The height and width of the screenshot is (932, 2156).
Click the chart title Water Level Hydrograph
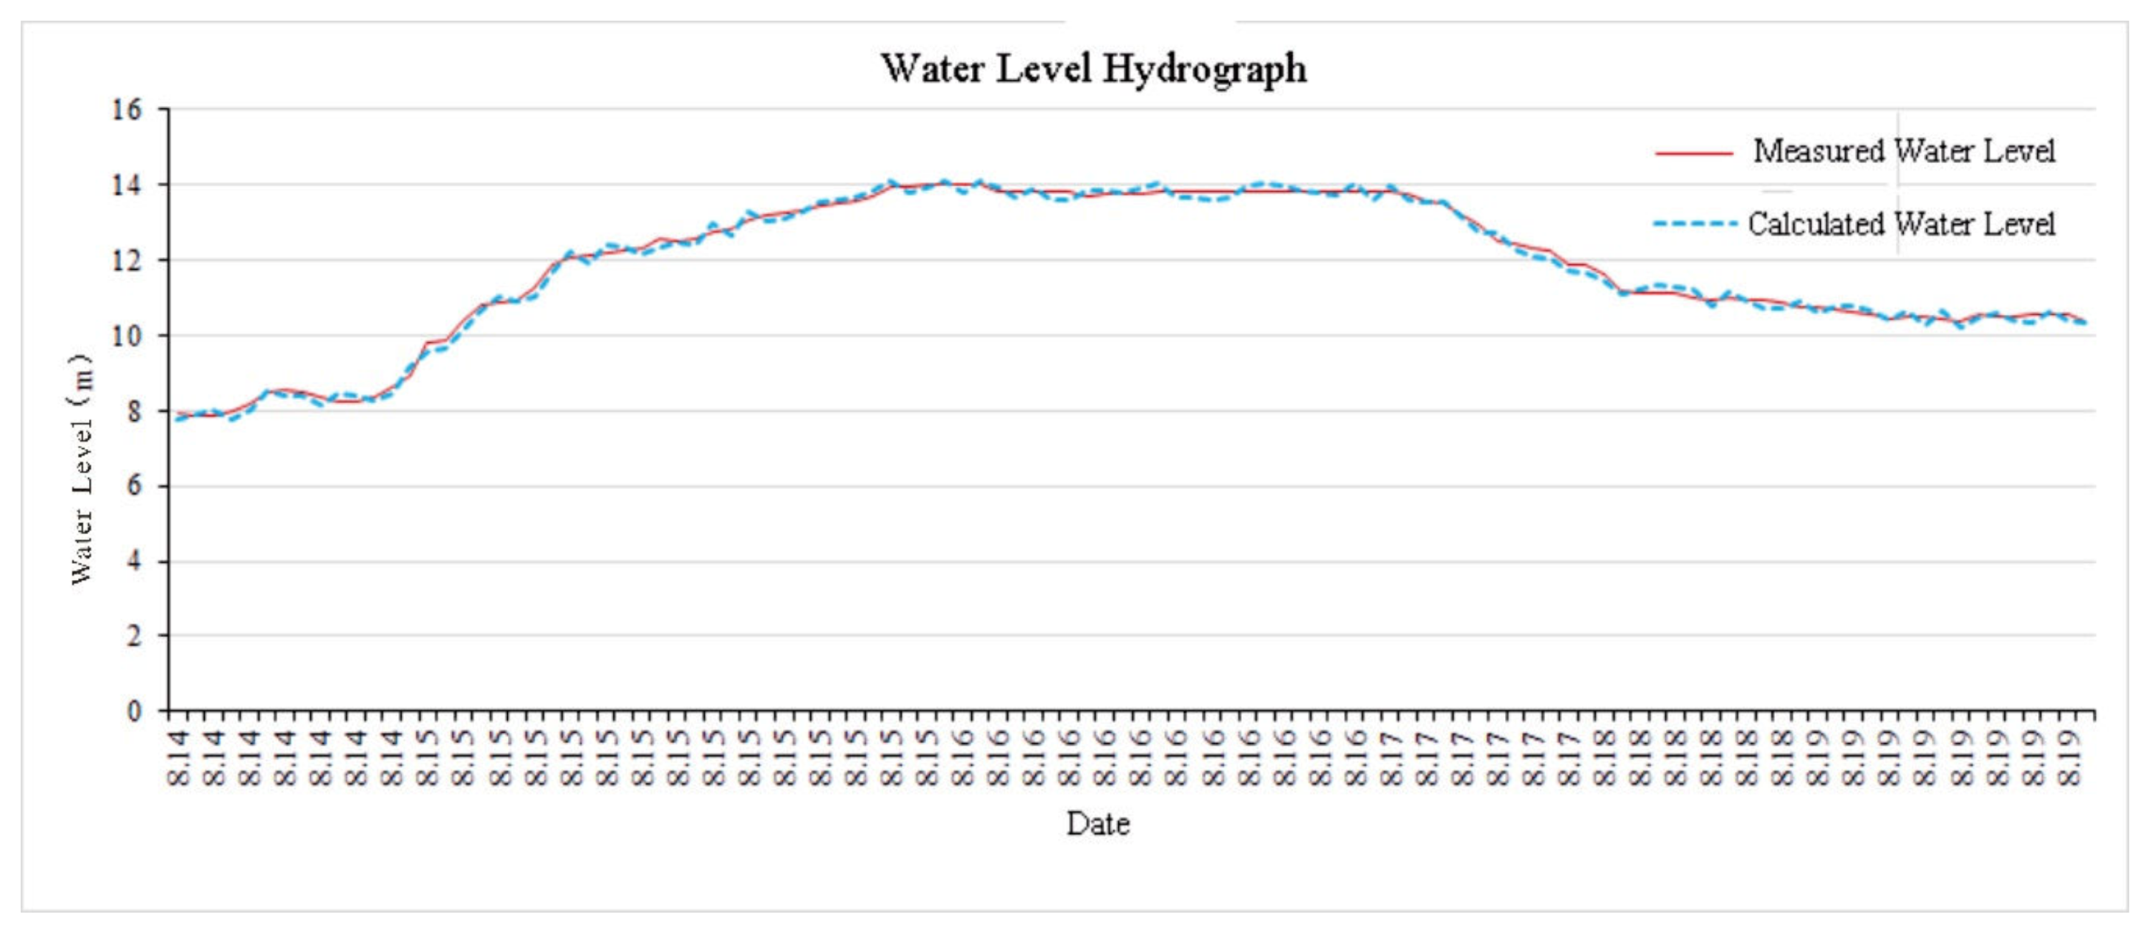1093,68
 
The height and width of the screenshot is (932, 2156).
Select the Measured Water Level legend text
1903,152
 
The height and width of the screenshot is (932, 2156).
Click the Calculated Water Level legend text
1901,224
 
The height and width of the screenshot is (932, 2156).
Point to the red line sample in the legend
1693,153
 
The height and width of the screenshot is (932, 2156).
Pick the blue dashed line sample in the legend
1693,224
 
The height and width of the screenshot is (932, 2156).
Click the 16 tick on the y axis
127,110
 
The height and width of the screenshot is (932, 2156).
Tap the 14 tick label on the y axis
127,185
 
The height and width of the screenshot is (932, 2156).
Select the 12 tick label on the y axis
127,260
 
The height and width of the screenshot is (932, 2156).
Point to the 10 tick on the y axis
127,336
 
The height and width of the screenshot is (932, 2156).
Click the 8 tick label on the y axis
134,412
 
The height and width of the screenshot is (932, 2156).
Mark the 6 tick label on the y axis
134,486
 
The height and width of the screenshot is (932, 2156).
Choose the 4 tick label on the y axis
134,561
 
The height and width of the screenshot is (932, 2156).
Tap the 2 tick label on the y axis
134,636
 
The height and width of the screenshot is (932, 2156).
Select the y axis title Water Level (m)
81,469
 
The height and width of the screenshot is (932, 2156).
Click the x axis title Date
1097,824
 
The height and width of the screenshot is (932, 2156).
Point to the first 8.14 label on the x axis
178,758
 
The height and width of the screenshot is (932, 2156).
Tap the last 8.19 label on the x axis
2068,758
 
